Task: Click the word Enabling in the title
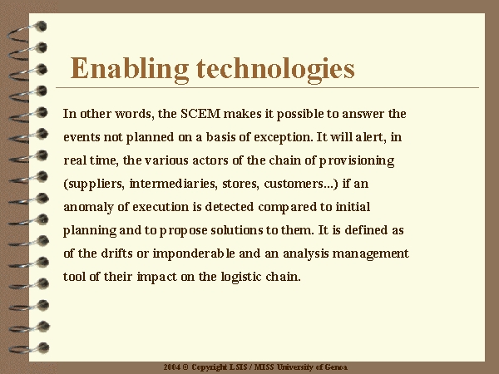point(129,69)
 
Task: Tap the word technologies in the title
point(275,69)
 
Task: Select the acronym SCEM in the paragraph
point(200,114)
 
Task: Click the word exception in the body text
point(282,137)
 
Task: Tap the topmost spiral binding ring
point(28,32)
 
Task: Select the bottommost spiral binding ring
point(29,348)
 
